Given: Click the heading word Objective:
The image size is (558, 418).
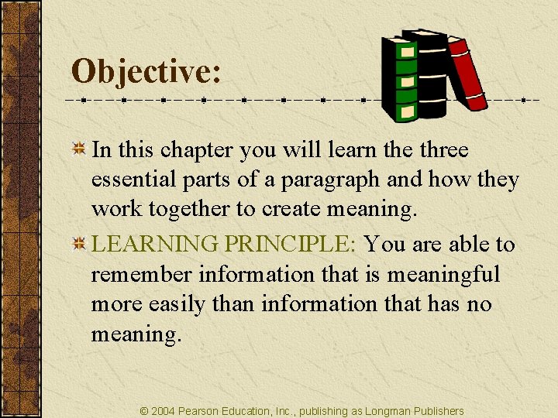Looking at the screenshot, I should [146, 73].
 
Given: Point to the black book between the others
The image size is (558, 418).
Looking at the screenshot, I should [430, 74].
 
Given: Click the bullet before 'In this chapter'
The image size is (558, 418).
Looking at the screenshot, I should [78, 149].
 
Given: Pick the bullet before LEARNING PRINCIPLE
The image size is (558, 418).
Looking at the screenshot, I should [78, 245].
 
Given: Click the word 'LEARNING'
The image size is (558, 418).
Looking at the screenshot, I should [155, 245].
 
